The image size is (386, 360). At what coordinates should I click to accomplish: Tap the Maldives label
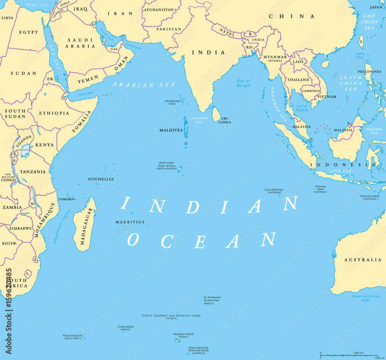pos(171,130)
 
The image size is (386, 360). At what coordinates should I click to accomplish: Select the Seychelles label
pos(101,179)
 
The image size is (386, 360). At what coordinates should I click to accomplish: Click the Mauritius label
pos(130,222)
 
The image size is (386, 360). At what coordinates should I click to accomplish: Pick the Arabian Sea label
pos(144,85)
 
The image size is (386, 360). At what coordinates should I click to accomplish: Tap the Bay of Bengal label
pos(244,83)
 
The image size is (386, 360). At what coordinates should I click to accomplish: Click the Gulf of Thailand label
pos(301,108)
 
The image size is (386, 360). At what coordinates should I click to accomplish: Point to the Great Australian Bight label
pos(365,298)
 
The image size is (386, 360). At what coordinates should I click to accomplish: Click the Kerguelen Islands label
pos(183,334)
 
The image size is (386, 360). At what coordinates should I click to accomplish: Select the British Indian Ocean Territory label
pos(166,165)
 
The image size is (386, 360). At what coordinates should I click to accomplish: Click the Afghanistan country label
pos(159,10)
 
